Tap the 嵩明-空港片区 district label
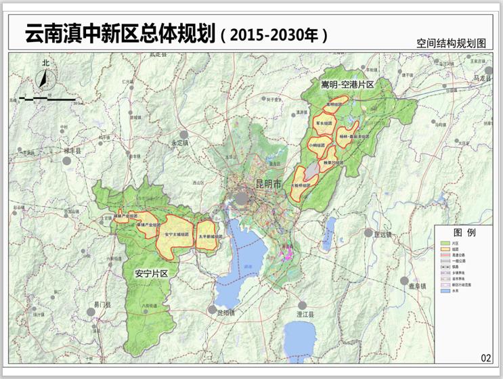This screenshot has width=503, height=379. click(347, 84)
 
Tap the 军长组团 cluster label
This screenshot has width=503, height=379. click(324, 124)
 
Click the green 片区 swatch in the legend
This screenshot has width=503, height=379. click(446, 242)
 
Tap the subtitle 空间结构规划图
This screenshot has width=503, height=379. click(452, 42)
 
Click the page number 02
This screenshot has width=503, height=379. click(485, 358)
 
